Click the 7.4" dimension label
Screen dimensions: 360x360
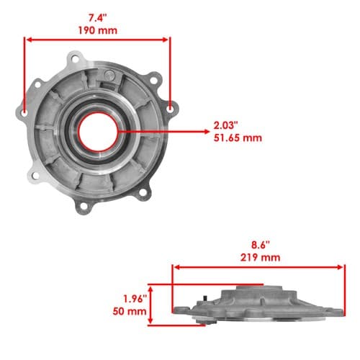(x=98, y=18)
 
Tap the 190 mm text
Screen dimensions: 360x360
(x=98, y=30)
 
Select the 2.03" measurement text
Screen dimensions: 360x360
(x=226, y=125)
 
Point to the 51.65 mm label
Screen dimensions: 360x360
(x=238, y=138)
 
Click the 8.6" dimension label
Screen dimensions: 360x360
(x=261, y=245)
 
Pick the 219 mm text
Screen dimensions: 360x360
(x=261, y=258)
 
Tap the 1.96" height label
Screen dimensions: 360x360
(x=135, y=299)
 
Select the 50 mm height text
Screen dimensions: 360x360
(x=130, y=311)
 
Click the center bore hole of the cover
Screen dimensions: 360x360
(x=98, y=132)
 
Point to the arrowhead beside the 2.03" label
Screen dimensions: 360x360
(x=207, y=132)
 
